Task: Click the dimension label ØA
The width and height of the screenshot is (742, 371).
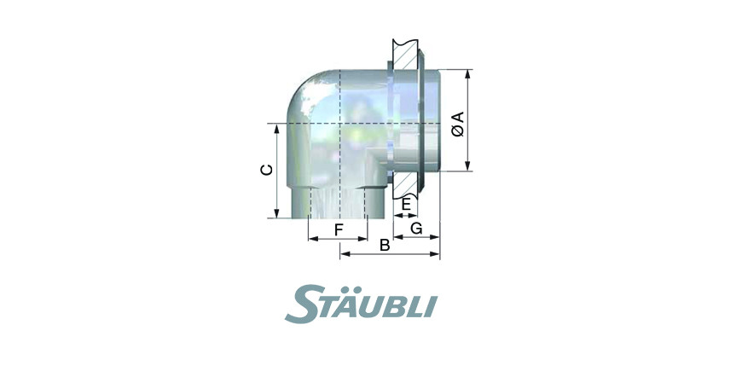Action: click(x=458, y=124)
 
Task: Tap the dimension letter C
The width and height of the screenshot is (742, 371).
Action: click(x=267, y=170)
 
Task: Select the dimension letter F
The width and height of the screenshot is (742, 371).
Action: click(x=339, y=230)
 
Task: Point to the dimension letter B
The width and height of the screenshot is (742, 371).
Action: click(x=385, y=246)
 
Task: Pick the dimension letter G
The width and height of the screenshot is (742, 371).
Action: click(x=416, y=229)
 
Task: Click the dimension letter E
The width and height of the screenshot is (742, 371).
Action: click(x=406, y=205)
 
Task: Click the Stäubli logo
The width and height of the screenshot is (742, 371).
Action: click(x=361, y=304)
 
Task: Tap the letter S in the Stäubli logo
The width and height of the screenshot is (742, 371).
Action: click(x=301, y=304)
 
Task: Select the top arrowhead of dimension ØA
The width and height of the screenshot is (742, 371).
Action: click(x=467, y=74)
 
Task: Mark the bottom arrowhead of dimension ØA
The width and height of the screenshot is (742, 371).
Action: click(x=467, y=165)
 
